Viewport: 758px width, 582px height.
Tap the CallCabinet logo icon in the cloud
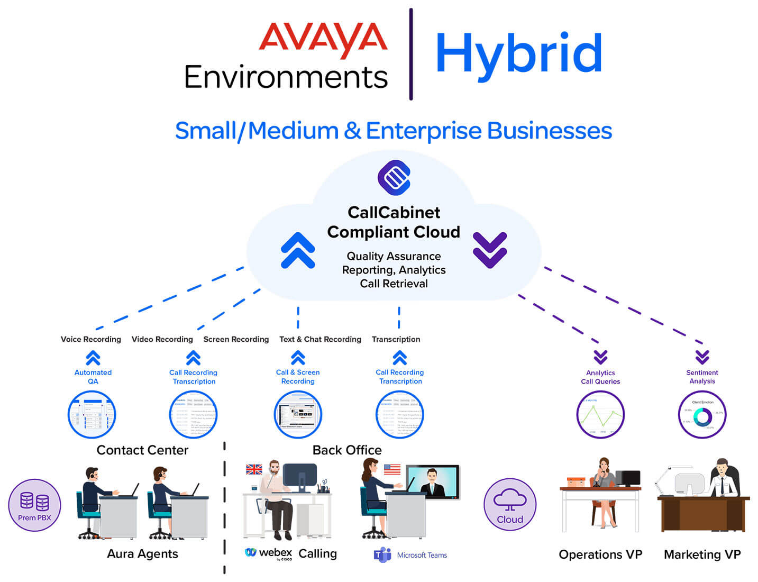(394, 177)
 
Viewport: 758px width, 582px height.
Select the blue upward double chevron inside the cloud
(298, 250)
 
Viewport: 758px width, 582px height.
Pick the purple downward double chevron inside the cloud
(490, 250)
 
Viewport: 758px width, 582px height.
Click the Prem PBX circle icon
(34, 505)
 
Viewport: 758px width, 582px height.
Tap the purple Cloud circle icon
(510, 504)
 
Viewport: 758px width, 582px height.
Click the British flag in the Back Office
(254, 469)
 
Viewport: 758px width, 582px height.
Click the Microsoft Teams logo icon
(382, 554)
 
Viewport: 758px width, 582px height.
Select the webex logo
(268, 553)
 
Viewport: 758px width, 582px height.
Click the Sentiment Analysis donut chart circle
(702, 415)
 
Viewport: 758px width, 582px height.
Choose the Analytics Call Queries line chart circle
(600, 415)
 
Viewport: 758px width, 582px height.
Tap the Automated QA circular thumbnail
(92, 415)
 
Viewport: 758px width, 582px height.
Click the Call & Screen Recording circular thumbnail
(298, 415)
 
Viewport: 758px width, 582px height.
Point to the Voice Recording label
(90, 339)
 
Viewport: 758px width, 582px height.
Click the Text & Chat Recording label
(320, 339)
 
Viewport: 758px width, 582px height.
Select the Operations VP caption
(600, 554)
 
